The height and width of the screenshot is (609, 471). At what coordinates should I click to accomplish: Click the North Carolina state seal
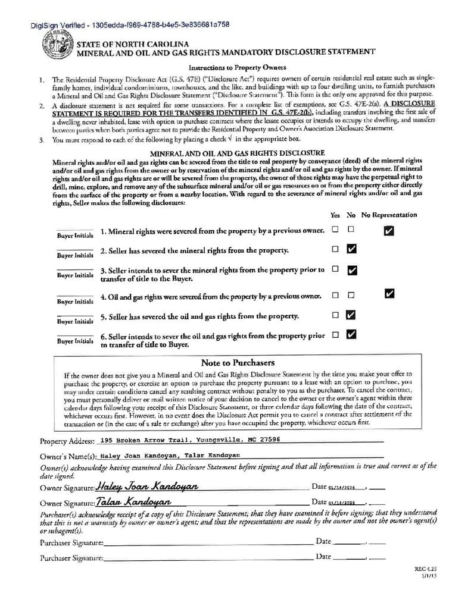58,45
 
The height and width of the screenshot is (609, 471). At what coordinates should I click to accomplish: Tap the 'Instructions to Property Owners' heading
237,67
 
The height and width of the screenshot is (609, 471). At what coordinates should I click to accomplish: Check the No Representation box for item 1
389,231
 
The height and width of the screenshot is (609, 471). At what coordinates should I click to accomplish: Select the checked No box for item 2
351,249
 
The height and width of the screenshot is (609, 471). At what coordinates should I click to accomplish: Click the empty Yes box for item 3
335,269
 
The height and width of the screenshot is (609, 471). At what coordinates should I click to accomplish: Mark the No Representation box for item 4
389,293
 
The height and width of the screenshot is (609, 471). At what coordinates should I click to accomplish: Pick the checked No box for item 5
351,315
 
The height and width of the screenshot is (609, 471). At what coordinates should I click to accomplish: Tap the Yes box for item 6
335,334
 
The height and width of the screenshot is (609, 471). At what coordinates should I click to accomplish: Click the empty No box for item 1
351,229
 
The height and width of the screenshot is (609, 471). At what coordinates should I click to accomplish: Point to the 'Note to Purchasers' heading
238,362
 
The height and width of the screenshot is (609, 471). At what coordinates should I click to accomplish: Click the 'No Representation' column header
389,215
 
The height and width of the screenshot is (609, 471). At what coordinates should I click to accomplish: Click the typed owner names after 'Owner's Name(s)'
170,455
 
